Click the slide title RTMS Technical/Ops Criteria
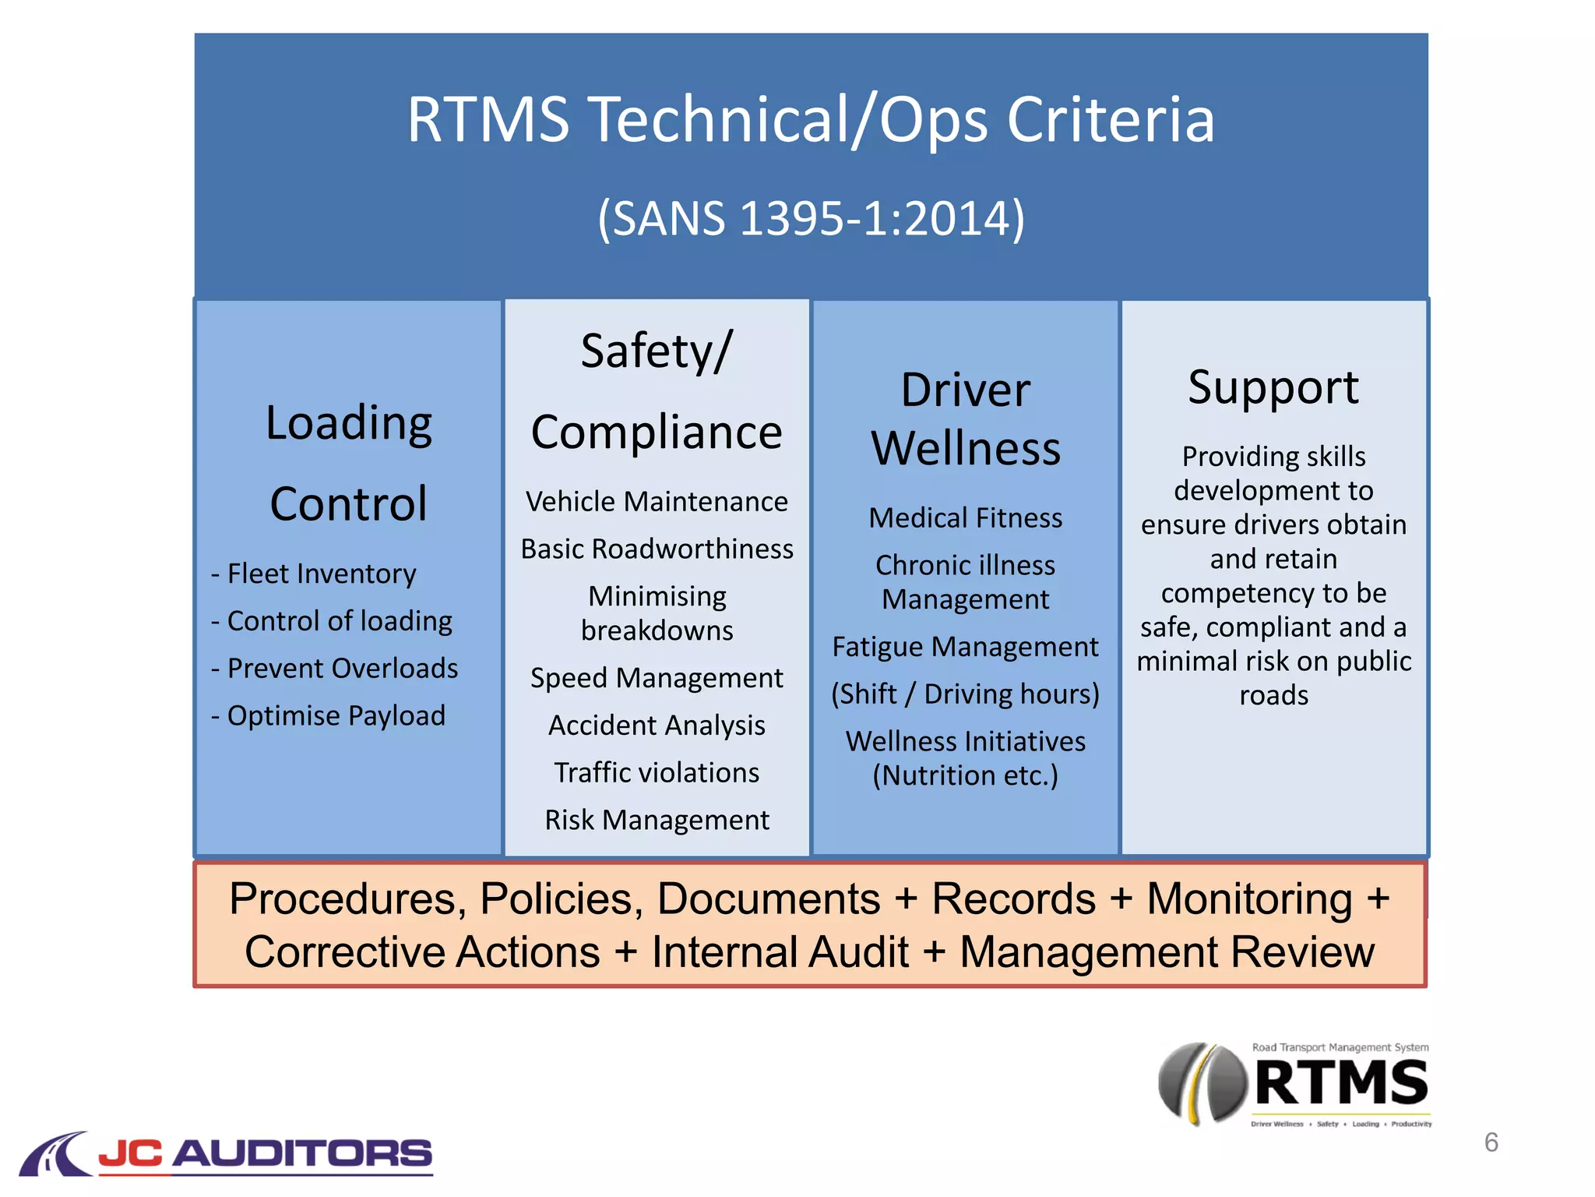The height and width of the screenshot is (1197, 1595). point(811,121)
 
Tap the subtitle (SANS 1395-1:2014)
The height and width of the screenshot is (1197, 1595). point(811,218)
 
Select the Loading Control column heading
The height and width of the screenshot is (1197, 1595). point(348,463)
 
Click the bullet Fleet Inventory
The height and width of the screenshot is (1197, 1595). point(321,574)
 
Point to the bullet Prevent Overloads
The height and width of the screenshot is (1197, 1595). point(341,669)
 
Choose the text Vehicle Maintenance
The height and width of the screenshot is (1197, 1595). point(657,502)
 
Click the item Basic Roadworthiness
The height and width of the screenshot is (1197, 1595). point(657,549)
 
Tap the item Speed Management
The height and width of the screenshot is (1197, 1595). point(657,678)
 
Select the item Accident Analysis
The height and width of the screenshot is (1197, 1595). point(657,726)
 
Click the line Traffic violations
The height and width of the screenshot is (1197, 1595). point(657,773)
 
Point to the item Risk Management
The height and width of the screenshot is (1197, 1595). point(657,821)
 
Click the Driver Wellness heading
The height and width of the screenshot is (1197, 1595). point(965,419)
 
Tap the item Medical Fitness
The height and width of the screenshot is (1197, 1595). point(965,518)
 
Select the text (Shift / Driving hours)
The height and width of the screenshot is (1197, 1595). point(965,694)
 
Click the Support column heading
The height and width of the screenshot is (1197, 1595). point(1273,387)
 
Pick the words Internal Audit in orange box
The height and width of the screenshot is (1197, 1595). point(780,952)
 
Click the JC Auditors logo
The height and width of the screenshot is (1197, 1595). point(226,1153)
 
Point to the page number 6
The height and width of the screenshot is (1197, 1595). point(1491,1142)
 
